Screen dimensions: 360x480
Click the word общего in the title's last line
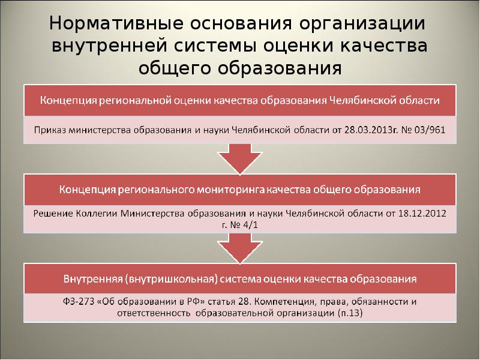[172, 68]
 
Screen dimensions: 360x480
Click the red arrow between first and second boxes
[239, 159]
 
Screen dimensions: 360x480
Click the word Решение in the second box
[53, 213]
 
